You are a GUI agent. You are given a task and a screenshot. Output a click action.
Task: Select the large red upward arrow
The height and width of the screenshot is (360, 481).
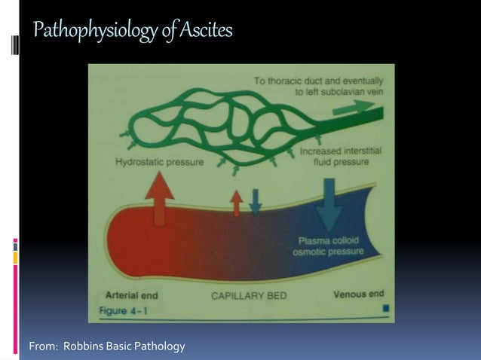159,197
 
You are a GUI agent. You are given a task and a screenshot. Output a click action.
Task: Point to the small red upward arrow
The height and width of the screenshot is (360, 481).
237,203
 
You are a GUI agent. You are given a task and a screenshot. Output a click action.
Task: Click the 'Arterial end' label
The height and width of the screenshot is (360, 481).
132,295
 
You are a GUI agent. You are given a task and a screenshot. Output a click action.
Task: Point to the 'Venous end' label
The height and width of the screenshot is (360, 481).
358,294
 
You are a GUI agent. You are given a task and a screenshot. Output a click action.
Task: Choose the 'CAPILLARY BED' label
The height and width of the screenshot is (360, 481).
248,296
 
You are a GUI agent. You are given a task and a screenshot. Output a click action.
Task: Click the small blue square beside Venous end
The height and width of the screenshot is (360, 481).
386,308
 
